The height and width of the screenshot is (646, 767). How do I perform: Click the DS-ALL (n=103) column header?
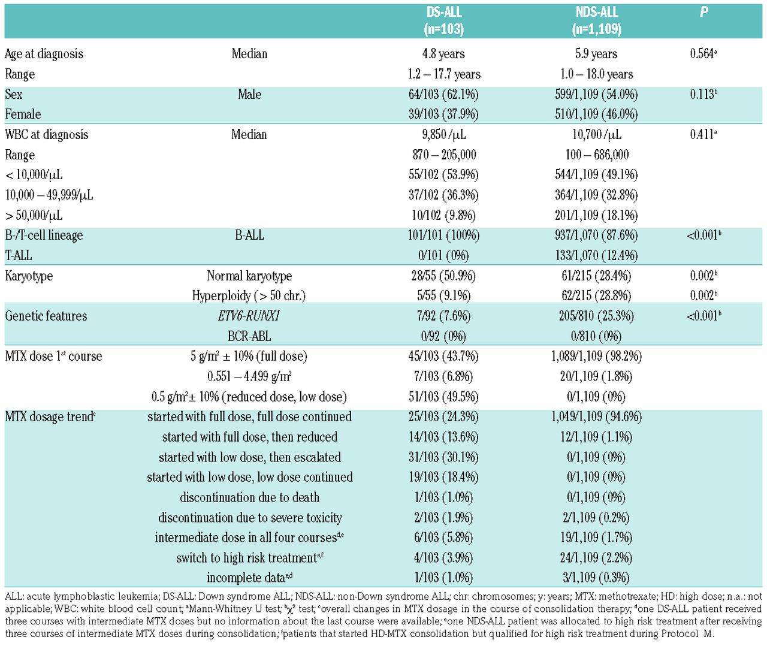[x=444, y=20]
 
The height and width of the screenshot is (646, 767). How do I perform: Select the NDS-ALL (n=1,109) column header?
[x=597, y=20]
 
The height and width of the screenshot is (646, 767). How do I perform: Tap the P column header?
[x=703, y=12]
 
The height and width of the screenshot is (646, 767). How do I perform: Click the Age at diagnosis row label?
[x=44, y=54]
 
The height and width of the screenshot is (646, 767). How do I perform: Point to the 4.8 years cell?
[x=443, y=54]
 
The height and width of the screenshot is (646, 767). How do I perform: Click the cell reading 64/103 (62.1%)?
[x=443, y=95]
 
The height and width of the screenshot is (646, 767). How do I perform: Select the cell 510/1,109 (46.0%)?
[x=596, y=114]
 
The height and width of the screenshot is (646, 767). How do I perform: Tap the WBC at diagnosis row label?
[x=47, y=134]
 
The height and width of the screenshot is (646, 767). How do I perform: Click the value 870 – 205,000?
[x=444, y=155]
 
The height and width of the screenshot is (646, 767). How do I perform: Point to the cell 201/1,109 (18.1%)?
[x=596, y=215]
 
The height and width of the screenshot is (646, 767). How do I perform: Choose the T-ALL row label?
[x=19, y=255]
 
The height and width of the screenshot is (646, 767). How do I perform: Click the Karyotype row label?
[x=29, y=276]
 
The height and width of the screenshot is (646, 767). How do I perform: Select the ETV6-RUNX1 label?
[x=249, y=316]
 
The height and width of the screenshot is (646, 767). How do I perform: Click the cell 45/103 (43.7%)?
[x=443, y=356]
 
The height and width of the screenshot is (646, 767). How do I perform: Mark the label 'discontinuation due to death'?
[x=249, y=497]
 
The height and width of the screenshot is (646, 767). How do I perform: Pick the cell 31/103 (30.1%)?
[x=443, y=457]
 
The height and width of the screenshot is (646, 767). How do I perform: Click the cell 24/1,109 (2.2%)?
[x=596, y=558]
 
